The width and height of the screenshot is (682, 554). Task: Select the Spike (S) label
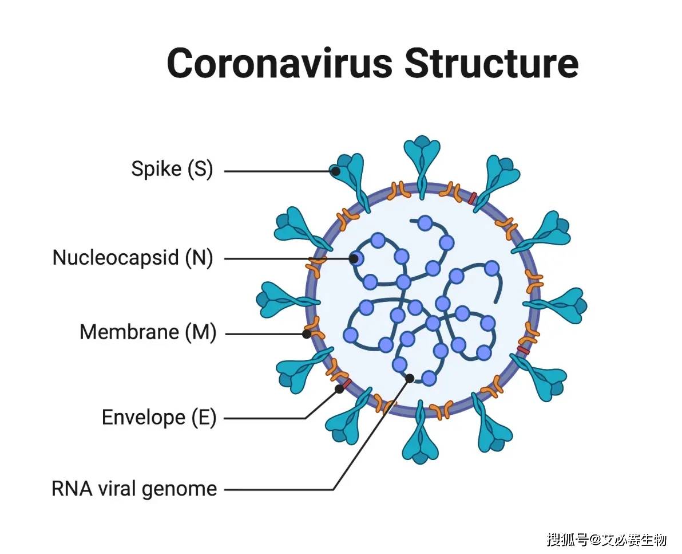tap(172, 170)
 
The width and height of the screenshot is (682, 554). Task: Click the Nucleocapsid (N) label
tap(132, 257)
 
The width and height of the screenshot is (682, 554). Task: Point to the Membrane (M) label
tap(148, 332)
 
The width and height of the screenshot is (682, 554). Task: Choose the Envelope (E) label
tap(158, 417)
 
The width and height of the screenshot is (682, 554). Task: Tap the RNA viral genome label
tap(134, 489)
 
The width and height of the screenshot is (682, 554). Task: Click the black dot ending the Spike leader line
tap(336, 171)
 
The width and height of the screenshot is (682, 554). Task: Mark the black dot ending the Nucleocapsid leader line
tap(354, 259)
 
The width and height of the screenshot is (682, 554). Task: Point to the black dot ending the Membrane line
tap(307, 333)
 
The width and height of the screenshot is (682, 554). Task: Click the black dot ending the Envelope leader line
tap(339, 388)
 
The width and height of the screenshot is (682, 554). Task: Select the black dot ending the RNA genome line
tap(410, 378)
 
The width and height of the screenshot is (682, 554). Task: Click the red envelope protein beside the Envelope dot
tap(347, 383)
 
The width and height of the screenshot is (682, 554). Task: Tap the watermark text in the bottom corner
tap(606, 540)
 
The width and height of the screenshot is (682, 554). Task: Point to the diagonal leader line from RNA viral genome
tap(372, 434)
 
